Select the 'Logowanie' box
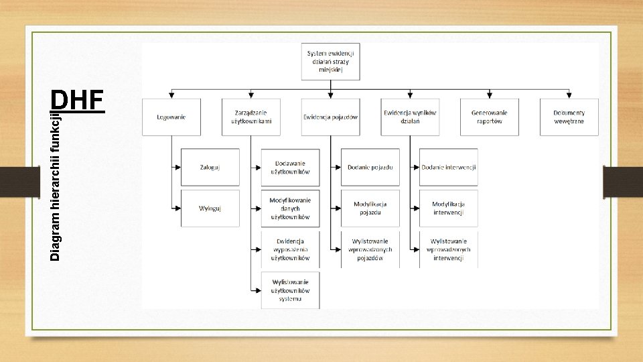171,117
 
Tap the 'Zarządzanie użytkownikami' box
251,117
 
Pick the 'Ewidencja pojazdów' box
330,117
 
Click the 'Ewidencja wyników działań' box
410,117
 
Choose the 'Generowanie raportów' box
489,117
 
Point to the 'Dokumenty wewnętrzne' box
569,117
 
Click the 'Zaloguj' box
210,167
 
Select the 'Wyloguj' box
210,208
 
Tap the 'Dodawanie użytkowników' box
290,167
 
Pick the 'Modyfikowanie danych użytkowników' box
290,208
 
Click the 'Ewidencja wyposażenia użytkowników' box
290,249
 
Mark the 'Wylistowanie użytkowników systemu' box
290,290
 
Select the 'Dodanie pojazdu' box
370,167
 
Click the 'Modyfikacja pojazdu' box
370,208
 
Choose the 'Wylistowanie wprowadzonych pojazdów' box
370,249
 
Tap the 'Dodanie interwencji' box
449,167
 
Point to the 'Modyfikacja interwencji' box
449,208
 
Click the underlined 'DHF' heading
78,101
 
